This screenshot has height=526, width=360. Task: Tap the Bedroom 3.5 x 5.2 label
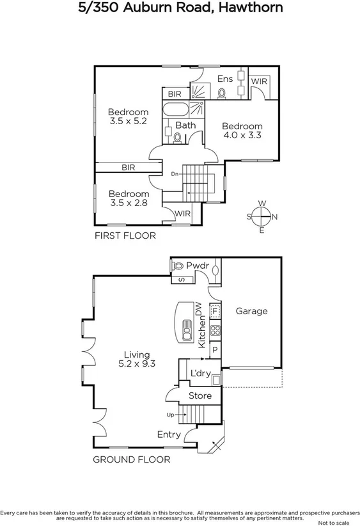tap(128, 116)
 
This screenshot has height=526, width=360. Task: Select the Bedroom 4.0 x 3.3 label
tap(242, 131)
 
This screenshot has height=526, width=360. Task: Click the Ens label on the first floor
tap(224, 79)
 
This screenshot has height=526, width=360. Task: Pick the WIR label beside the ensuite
tap(259, 81)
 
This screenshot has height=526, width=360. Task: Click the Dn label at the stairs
tap(174, 173)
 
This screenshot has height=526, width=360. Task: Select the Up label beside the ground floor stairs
tap(169, 415)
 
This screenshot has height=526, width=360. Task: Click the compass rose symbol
tap(262, 216)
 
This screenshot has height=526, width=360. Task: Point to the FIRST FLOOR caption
tap(125, 235)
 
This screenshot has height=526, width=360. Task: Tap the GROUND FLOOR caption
tap(132, 459)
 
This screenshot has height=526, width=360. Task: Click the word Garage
tap(251, 311)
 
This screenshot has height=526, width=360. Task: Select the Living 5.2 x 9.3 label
tap(136, 358)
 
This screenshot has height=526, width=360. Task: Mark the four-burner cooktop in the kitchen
tap(215, 331)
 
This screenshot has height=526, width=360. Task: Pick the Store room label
tap(200, 396)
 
